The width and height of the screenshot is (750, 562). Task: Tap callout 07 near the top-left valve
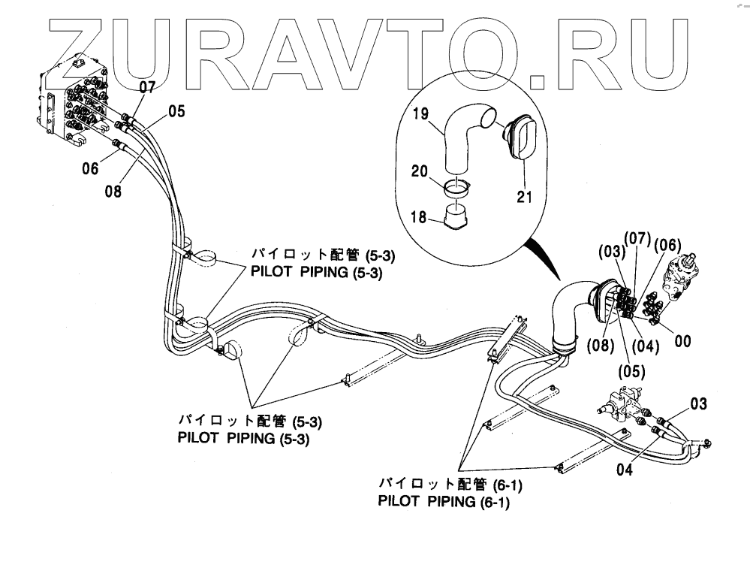[147, 87]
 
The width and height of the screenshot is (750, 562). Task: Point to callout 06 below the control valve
[91, 169]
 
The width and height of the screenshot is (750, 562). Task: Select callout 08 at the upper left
[113, 192]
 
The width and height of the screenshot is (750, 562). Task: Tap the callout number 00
[682, 340]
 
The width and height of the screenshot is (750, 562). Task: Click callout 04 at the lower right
[624, 472]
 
